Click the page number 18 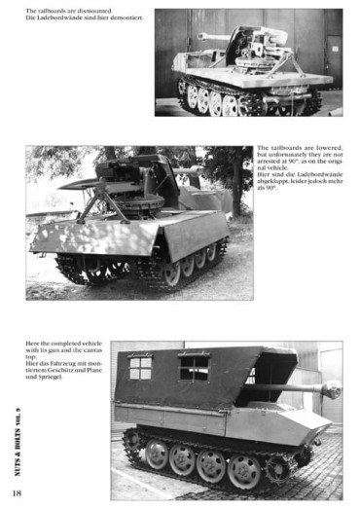tap(18, 480)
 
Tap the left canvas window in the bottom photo tap(141, 367)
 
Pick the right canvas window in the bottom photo tap(195, 366)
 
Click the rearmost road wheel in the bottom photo tap(154, 454)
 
